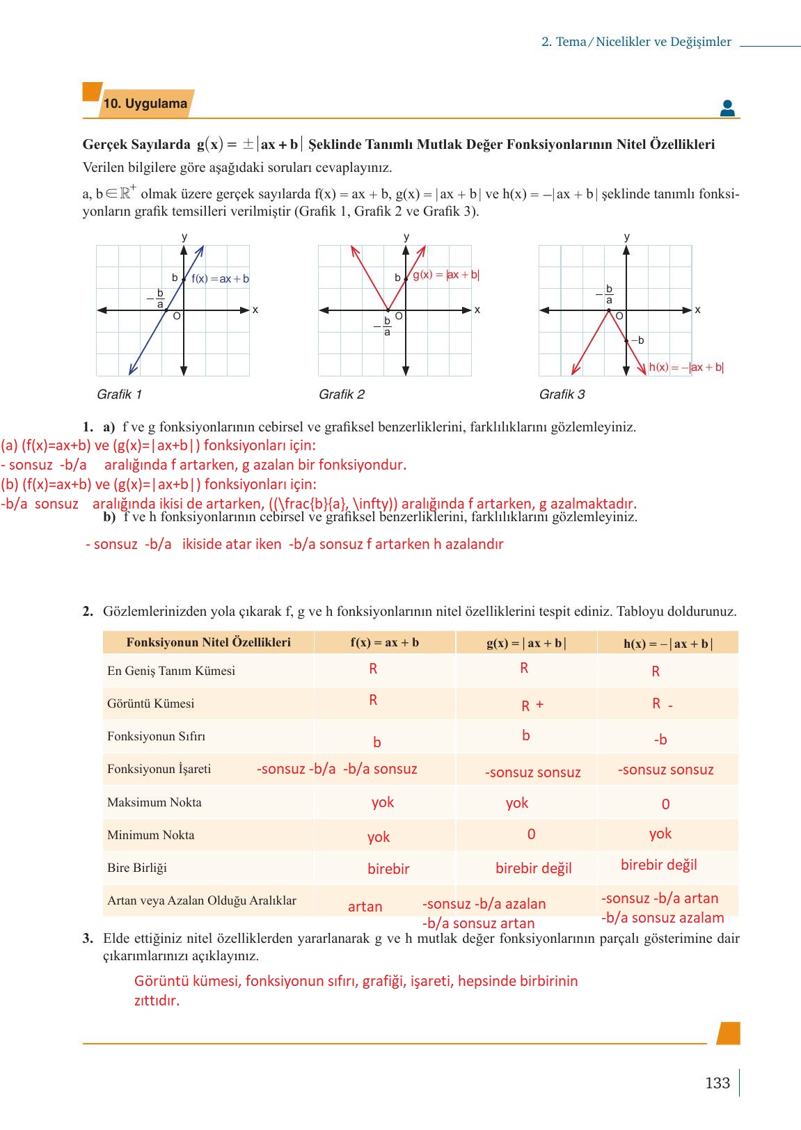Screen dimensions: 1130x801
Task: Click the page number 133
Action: click(717, 1083)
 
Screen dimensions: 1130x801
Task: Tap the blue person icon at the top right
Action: click(727, 108)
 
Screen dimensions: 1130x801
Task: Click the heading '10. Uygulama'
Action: click(145, 104)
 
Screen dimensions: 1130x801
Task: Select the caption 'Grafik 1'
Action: click(119, 395)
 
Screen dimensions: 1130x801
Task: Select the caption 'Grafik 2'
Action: click(341, 395)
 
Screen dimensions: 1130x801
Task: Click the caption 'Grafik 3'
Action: click(562, 395)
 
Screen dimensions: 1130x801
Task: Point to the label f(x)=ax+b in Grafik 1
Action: click(220, 279)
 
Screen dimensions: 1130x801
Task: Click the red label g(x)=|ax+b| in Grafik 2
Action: click(445, 275)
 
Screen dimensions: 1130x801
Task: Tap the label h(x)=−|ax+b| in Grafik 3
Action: click(685, 367)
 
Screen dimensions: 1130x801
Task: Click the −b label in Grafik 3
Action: click(637, 340)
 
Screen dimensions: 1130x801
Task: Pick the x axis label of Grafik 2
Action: click(477, 310)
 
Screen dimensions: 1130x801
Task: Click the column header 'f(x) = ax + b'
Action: click(384, 642)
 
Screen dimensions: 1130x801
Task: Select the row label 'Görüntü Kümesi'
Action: click(150, 703)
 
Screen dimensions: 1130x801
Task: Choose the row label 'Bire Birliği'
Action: click(136, 868)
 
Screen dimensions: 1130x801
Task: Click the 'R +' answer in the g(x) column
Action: click(532, 706)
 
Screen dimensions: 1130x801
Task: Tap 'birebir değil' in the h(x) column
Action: click(658, 865)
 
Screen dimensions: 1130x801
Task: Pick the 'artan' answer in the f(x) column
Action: click(365, 907)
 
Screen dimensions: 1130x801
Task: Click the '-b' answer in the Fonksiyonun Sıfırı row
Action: click(660, 740)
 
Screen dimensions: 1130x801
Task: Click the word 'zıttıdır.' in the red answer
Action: click(157, 1001)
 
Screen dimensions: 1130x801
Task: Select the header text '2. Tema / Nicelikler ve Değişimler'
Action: click(636, 42)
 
